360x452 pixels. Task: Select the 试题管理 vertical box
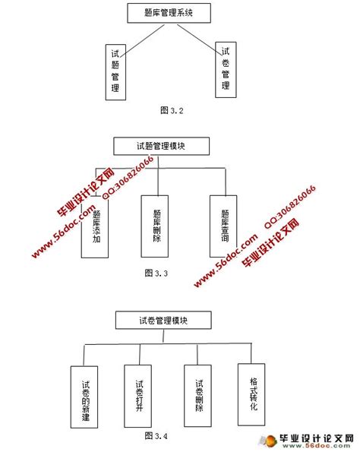coord(115,71)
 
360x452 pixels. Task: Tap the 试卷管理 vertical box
coord(225,69)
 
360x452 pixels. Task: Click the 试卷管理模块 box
coord(163,320)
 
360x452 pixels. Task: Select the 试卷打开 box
coord(138,395)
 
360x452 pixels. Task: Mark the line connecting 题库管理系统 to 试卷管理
coord(194,37)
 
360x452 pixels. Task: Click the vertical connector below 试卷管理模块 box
coord(163,337)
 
